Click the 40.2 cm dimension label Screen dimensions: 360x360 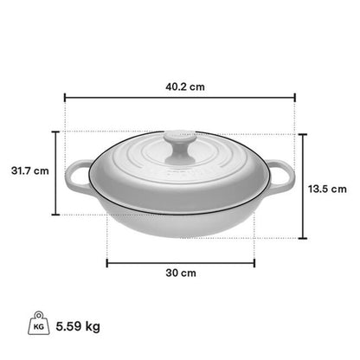click(x=185, y=87)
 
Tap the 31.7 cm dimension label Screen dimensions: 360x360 click(x=30, y=170)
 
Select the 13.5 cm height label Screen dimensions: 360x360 click(x=327, y=190)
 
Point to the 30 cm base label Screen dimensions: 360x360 click(x=181, y=273)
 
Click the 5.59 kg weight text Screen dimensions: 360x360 click(x=78, y=326)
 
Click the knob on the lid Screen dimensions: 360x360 click(x=179, y=146)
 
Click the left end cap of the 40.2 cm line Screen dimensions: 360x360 click(x=65, y=98)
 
